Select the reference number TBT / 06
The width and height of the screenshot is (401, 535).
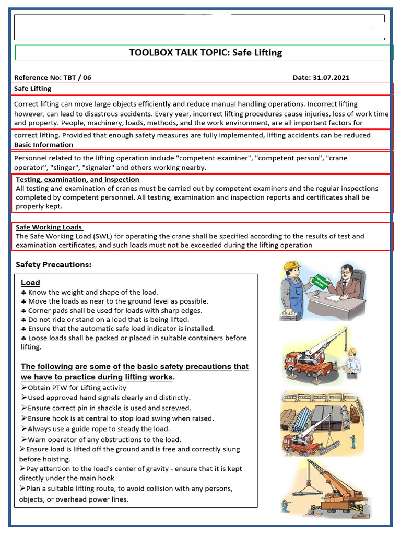click(77, 78)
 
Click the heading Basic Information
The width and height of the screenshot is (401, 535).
click(43, 145)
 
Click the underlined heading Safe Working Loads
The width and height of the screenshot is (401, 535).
click(49, 227)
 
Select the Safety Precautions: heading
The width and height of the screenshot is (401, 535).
click(53, 265)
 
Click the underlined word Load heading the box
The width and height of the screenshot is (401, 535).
click(30, 283)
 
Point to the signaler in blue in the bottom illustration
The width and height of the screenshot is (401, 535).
click(285, 506)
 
